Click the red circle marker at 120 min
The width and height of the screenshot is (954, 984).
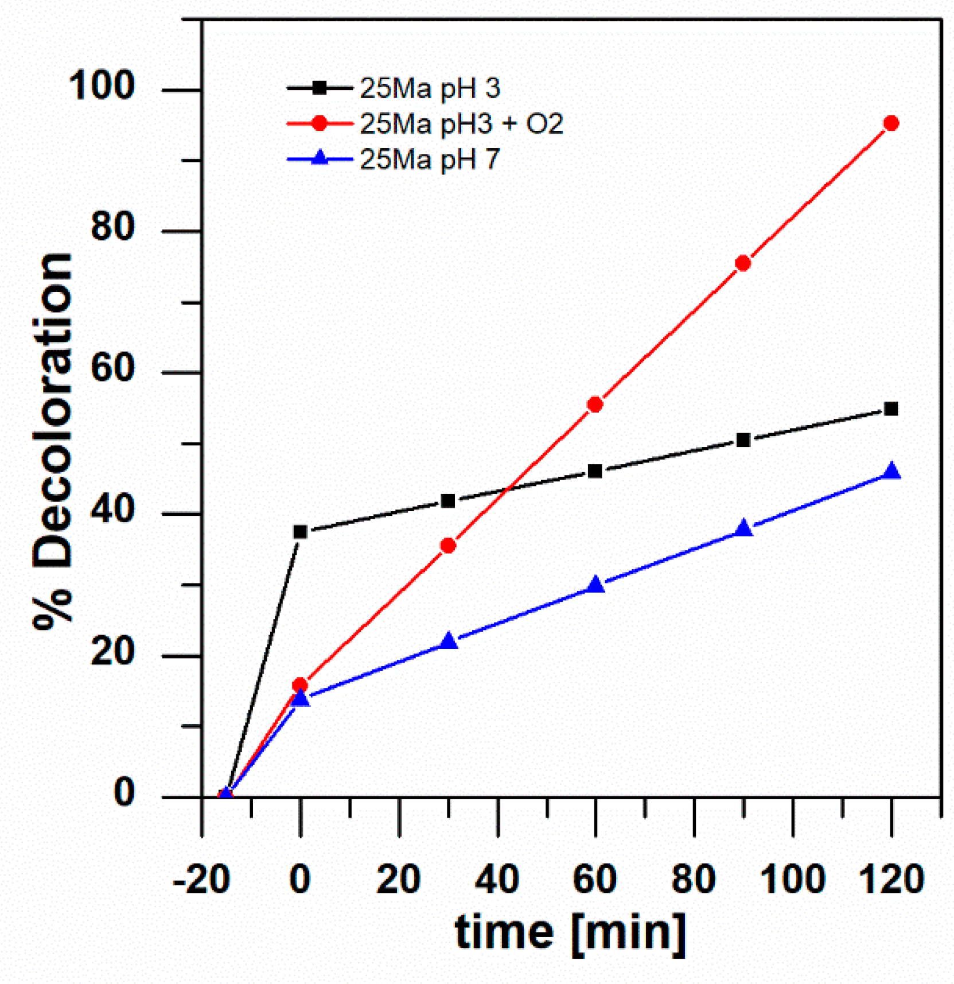click(890, 123)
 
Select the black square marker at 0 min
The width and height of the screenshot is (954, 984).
click(300, 532)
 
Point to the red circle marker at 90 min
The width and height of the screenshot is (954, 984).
click(743, 263)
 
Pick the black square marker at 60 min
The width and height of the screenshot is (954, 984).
click(595, 471)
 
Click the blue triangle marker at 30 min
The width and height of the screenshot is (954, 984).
click(449, 641)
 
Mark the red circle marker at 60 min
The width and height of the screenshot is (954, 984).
click(595, 405)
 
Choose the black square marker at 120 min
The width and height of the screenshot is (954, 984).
click(891, 409)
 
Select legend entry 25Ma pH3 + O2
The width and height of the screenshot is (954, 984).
click(461, 124)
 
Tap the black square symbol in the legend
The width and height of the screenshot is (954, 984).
click(320, 88)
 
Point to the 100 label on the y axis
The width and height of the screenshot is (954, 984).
click(102, 86)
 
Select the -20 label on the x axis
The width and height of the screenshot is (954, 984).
click(201, 879)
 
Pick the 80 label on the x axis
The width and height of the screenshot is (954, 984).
click(694, 879)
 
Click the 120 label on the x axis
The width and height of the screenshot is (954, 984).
click(891, 879)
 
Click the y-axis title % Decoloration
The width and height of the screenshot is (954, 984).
click(53, 442)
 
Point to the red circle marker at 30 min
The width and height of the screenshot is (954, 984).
click(448, 546)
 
